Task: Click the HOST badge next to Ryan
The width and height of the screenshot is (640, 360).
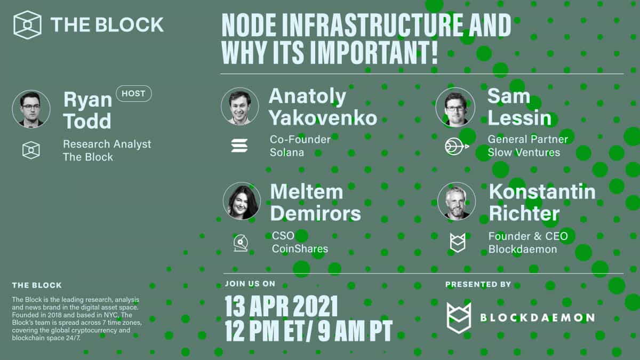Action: pyautogui.click(x=133, y=94)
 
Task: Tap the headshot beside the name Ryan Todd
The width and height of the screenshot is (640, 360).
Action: pyautogui.click(x=31, y=109)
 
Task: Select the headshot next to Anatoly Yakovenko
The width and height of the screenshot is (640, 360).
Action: pyautogui.click(x=240, y=107)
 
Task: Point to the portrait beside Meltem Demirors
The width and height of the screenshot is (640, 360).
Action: pyautogui.click(x=242, y=201)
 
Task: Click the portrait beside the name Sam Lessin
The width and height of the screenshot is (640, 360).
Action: pyautogui.click(x=455, y=107)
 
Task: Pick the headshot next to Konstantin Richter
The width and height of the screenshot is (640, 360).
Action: pyautogui.click(x=457, y=201)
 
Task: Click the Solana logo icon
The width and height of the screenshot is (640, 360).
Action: pyautogui.click(x=239, y=146)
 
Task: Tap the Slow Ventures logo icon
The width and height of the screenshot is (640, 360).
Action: pyautogui.click(x=457, y=146)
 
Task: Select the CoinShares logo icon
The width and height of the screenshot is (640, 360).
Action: pyautogui.click(x=241, y=243)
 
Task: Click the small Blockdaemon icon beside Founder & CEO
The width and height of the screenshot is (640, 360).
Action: pyautogui.click(x=457, y=243)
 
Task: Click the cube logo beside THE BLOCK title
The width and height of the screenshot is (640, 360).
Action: pyautogui.click(x=28, y=25)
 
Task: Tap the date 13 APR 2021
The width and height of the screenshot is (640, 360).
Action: pyautogui.click(x=281, y=307)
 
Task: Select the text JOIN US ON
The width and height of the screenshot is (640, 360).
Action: pyautogui.click(x=250, y=284)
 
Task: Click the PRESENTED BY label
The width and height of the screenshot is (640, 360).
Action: pyautogui.click(x=478, y=284)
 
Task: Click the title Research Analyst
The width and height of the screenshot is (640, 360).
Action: pyautogui.click(x=107, y=144)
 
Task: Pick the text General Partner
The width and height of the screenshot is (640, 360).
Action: pyautogui.click(x=527, y=139)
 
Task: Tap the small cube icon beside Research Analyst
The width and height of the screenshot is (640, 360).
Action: pyautogui.click(x=31, y=150)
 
